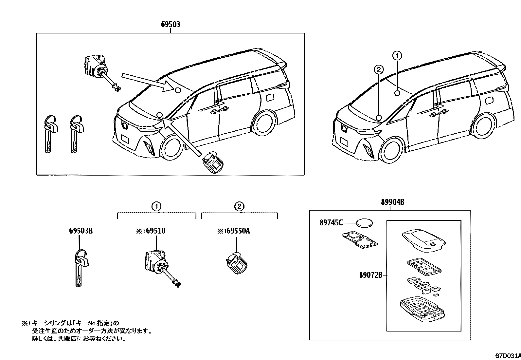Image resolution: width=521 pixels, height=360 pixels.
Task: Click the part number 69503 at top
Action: click(x=171, y=25)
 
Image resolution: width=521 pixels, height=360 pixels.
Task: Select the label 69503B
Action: click(x=81, y=231)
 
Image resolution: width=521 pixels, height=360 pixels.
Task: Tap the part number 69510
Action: click(x=155, y=231)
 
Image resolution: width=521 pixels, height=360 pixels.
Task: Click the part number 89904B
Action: click(x=392, y=202)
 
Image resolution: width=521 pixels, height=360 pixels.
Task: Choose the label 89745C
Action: click(x=331, y=223)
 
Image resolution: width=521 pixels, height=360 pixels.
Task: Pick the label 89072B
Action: click(x=371, y=275)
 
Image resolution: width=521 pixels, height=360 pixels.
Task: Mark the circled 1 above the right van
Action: click(x=397, y=56)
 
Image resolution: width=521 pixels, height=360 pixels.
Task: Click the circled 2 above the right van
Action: click(x=379, y=69)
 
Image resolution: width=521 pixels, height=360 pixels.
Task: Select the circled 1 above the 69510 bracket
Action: click(x=156, y=206)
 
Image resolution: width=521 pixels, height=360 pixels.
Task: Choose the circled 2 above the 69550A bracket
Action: click(x=239, y=206)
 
